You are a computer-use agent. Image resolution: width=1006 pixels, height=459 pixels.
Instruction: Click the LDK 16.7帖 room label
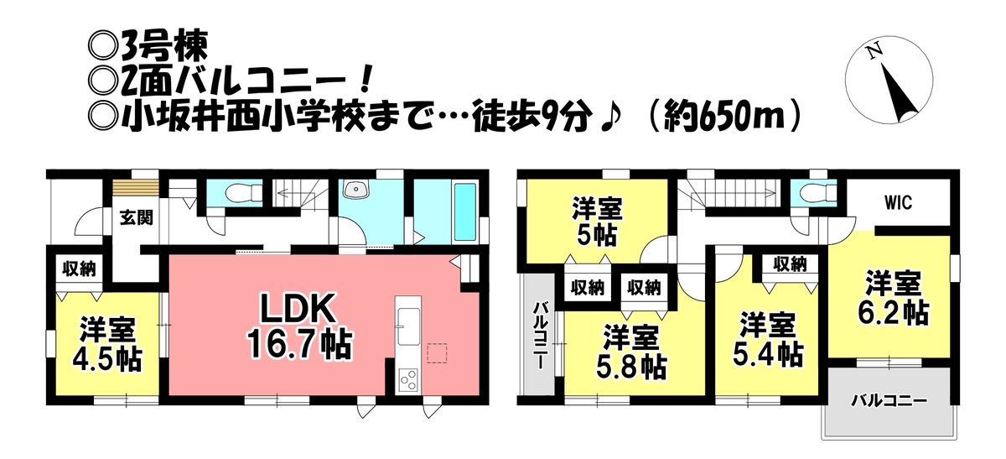point(299,326)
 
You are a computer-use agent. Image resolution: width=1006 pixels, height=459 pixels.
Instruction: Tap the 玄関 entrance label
point(137,217)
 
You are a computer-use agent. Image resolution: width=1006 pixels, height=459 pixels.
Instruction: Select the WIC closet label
point(898,203)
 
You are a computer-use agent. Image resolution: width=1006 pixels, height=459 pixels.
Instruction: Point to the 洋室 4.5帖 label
point(107,344)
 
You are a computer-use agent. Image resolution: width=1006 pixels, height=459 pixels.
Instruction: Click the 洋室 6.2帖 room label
point(893,298)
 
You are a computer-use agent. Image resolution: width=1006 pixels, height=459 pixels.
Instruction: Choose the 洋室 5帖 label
point(597,222)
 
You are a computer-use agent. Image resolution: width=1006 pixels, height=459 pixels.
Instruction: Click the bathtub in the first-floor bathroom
point(465,211)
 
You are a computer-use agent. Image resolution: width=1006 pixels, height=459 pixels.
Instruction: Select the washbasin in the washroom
point(355,190)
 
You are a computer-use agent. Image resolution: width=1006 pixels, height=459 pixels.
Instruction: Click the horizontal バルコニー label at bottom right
point(889,401)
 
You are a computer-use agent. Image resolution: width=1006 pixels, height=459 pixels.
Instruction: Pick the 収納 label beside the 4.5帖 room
point(79,269)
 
